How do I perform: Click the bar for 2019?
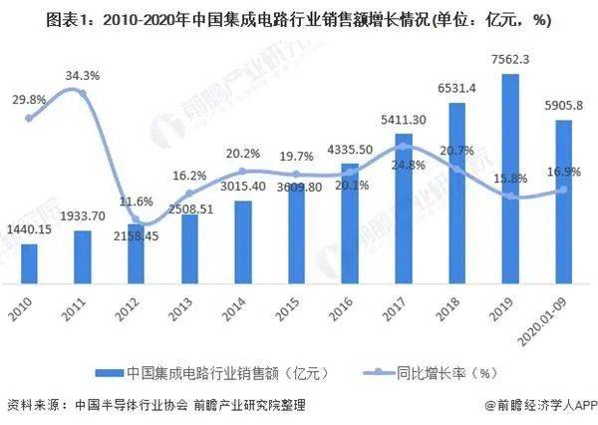(510, 180)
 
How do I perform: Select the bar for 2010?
(29, 265)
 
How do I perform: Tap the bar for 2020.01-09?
(564, 204)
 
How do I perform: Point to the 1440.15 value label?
(30, 227)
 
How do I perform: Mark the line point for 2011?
(84, 94)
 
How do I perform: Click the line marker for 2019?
(511, 197)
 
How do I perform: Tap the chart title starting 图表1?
(299, 19)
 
